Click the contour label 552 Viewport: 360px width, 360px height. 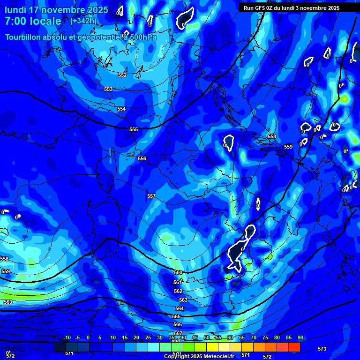pyautogui.click(x=122, y=75)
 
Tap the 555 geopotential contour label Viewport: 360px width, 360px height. pyautogui.click(x=134, y=129)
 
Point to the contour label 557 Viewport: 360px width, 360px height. pyautogui.click(x=151, y=196)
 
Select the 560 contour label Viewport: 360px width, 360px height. pyautogui.click(x=178, y=272)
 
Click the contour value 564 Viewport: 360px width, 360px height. pyautogui.click(x=180, y=308)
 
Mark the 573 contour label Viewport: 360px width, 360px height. pyautogui.click(x=322, y=349)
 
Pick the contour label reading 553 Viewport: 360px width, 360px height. pyautogui.click(x=108, y=89)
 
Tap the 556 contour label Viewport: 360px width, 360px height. pyautogui.click(x=142, y=158)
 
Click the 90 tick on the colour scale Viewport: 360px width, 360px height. pyautogui.click(x=300, y=337)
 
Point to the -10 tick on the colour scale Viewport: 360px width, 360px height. pyautogui.click(x=67, y=337)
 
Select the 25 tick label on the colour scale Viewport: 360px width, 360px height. pyautogui.click(x=148, y=337)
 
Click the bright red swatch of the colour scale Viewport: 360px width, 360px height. pyautogui.click(x=294, y=347)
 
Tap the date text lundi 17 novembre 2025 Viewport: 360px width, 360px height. pyautogui.click(x=56, y=10)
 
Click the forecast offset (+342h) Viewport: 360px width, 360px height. pyautogui.click(x=83, y=21)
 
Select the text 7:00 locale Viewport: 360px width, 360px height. pyautogui.click(x=33, y=21)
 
